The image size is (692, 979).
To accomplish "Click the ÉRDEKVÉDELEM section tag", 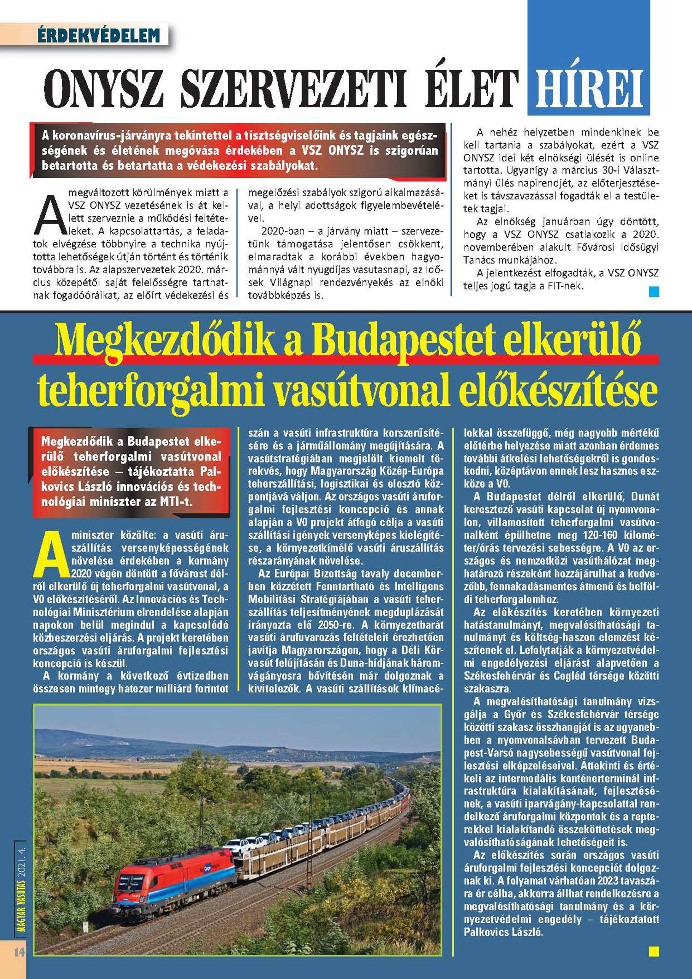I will coord(99,35).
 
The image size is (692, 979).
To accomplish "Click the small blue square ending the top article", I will coord(654,291).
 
